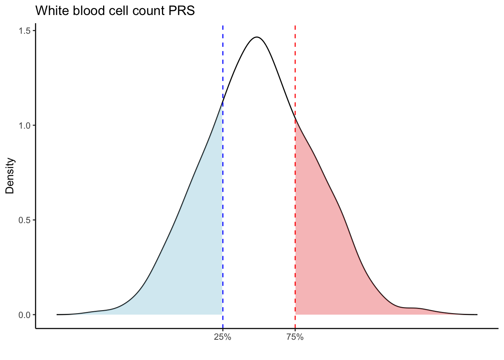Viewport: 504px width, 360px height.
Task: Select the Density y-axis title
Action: click(10, 175)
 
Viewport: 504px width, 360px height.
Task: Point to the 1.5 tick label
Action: click(24, 30)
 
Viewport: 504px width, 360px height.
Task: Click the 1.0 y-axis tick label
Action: click(24, 125)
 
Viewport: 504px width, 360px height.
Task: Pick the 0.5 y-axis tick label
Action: click(24, 220)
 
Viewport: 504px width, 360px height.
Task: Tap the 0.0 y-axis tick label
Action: click(24, 315)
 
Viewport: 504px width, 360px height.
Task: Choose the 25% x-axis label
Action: click(222, 337)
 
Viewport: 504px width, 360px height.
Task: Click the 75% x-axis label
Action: click(295, 337)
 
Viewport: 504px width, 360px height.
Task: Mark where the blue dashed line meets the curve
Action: click(223, 102)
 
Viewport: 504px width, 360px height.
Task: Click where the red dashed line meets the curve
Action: click(295, 119)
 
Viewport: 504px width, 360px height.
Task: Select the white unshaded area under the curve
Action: click(259, 206)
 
